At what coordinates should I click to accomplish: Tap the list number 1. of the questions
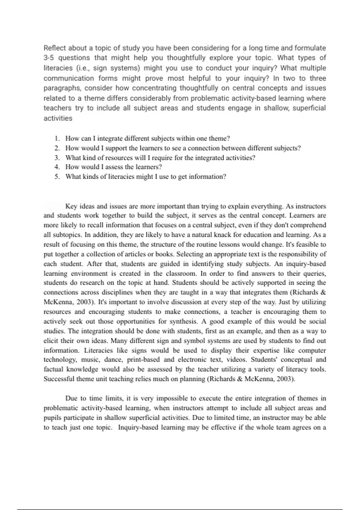click(x=57, y=139)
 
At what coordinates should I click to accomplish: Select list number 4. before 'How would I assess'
click(x=57, y=167)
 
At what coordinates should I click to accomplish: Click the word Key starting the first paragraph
click(x=71, y=206)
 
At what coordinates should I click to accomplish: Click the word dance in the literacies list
click(x=113, y=360)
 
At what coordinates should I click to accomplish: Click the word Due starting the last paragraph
click(x=71, y=399)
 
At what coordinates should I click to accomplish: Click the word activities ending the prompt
click(x=58, y=118)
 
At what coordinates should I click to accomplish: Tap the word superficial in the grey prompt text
click(x=309, y=108)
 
